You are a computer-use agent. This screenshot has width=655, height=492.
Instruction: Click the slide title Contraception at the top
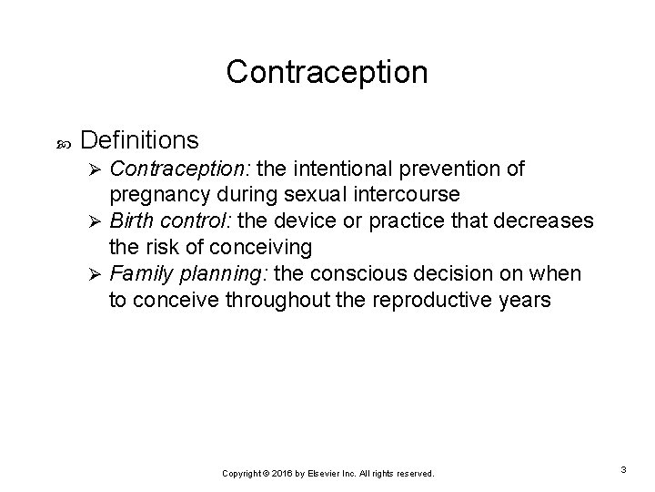(327, 72)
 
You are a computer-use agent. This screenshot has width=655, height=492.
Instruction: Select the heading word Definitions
(139, 139)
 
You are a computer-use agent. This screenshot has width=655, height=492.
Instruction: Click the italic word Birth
(128, 220)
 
